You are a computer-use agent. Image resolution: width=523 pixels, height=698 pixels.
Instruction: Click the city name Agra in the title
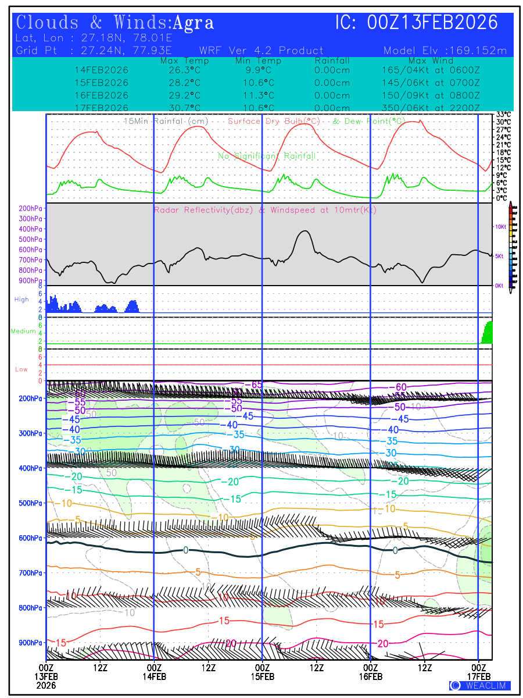(x=194, y=23)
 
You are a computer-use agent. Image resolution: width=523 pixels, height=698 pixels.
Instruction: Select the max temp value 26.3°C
(x=181, y=70)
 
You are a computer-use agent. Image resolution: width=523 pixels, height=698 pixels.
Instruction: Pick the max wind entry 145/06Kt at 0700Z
(x=431, y=83)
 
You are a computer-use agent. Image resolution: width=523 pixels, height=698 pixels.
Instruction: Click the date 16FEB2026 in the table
(x=102, y=95)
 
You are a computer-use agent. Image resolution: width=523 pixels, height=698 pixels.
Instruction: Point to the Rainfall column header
(x=332, y=60)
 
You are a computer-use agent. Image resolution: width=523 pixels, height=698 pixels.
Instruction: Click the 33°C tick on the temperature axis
(x=503, y=115)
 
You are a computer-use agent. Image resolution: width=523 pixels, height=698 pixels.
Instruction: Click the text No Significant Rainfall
(x=267, y=156)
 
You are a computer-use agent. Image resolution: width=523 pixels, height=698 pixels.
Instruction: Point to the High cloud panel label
(x=22, y=300)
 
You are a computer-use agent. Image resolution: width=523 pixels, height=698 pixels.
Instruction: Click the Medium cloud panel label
(x=23, y=332)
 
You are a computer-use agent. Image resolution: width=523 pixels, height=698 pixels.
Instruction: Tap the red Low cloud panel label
(x=22, y=369)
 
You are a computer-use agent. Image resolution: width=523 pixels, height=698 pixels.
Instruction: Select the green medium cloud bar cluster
(x=487, y=333)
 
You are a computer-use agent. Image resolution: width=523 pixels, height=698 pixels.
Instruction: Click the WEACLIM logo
(x=480, y=686)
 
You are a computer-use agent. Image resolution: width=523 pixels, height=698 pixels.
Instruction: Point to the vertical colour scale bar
(x=511, y=245)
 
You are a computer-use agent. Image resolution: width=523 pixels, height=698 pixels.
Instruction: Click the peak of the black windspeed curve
(x=304, y=231)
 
